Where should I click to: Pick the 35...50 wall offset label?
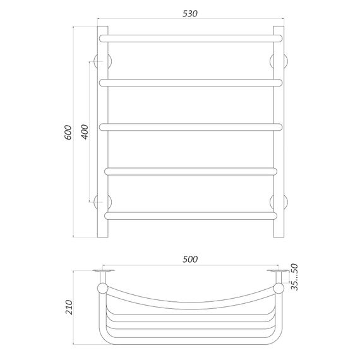pos(294,276)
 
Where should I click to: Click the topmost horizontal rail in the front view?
pos(189,38)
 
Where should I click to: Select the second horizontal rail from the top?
pos(189,81)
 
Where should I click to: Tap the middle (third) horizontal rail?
pos(189,126)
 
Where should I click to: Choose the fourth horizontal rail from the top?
pos(189,171)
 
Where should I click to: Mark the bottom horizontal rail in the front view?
pos(189,215)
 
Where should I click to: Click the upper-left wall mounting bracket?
pos(100,61)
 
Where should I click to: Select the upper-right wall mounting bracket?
pos(278,61)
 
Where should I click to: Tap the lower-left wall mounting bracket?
pos(100,201)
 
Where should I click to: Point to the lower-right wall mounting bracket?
pos(278,201)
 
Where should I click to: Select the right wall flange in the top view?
pos(277,272)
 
